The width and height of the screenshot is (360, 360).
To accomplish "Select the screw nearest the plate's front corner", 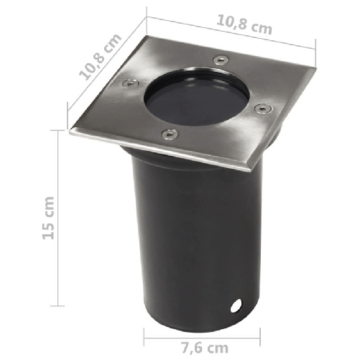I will (x=170, y=134).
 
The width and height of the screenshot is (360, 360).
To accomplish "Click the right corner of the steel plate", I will (x=315, y=69).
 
